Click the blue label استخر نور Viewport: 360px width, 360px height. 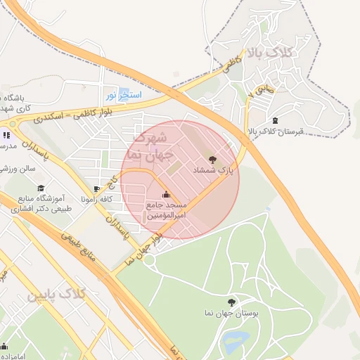point(124,94)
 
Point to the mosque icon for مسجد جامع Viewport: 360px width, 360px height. point(166,194)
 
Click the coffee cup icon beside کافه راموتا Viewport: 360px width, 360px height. point(97,188)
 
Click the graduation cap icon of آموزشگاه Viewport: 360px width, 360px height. point(40,188)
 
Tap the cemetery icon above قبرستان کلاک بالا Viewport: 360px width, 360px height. point(274,120)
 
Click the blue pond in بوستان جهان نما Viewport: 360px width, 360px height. point(233,342)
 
